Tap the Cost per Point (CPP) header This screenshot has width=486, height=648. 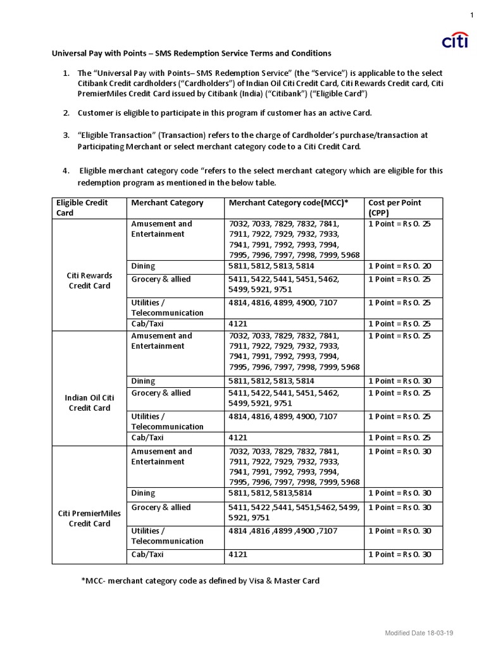(394, 208)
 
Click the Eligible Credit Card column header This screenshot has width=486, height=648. (82, 208)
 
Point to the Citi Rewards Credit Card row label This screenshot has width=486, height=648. (89, 280)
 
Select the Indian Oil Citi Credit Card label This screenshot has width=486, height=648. (89, 402)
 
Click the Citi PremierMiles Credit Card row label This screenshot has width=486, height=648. (89, 518)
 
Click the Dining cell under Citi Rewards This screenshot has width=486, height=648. (143, 266)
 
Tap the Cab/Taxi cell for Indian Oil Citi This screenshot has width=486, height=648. (147, 437)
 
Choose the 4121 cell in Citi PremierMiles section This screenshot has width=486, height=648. (237, 554)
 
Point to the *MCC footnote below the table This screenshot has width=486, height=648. (200, 580)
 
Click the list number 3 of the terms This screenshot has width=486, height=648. (66, 135)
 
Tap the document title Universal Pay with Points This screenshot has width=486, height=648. (191, 53)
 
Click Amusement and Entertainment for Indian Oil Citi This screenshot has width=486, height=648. (161, 340)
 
